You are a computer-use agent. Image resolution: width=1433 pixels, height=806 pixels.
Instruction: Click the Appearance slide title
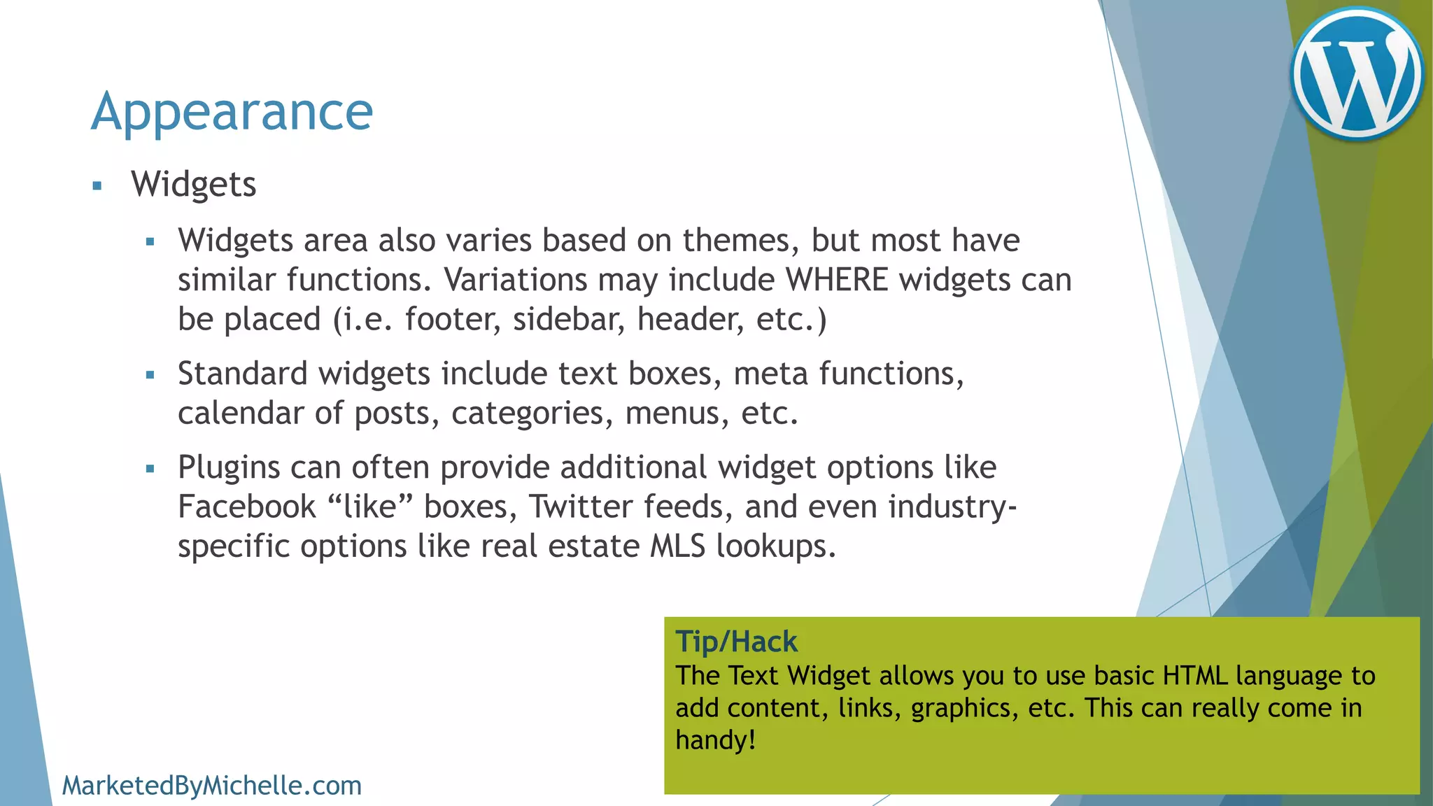coord(232,112)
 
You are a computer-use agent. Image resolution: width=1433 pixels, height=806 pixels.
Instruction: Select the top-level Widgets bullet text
coord(194,185)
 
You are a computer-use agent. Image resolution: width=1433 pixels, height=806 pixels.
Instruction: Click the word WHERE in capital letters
coord(837,280)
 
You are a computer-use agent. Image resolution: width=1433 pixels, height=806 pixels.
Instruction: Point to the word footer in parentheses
coord(452,320)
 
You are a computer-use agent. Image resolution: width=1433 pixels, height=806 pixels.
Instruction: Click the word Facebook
coord(247,507)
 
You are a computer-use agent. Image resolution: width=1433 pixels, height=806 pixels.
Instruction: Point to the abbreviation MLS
coord(677,546)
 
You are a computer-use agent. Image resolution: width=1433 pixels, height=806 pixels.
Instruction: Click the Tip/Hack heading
coord(736,641)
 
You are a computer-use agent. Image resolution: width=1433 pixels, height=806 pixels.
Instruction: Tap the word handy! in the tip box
coord(715,740)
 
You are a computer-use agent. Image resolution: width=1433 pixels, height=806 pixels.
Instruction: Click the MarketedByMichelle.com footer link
coord(212,786)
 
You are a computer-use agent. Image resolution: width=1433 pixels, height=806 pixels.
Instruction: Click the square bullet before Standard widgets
coord(150,376)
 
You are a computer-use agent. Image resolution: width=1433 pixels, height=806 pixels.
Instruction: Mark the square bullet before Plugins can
coord(150,469)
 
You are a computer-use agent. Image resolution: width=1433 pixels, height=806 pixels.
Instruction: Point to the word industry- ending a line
coord(952,507)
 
